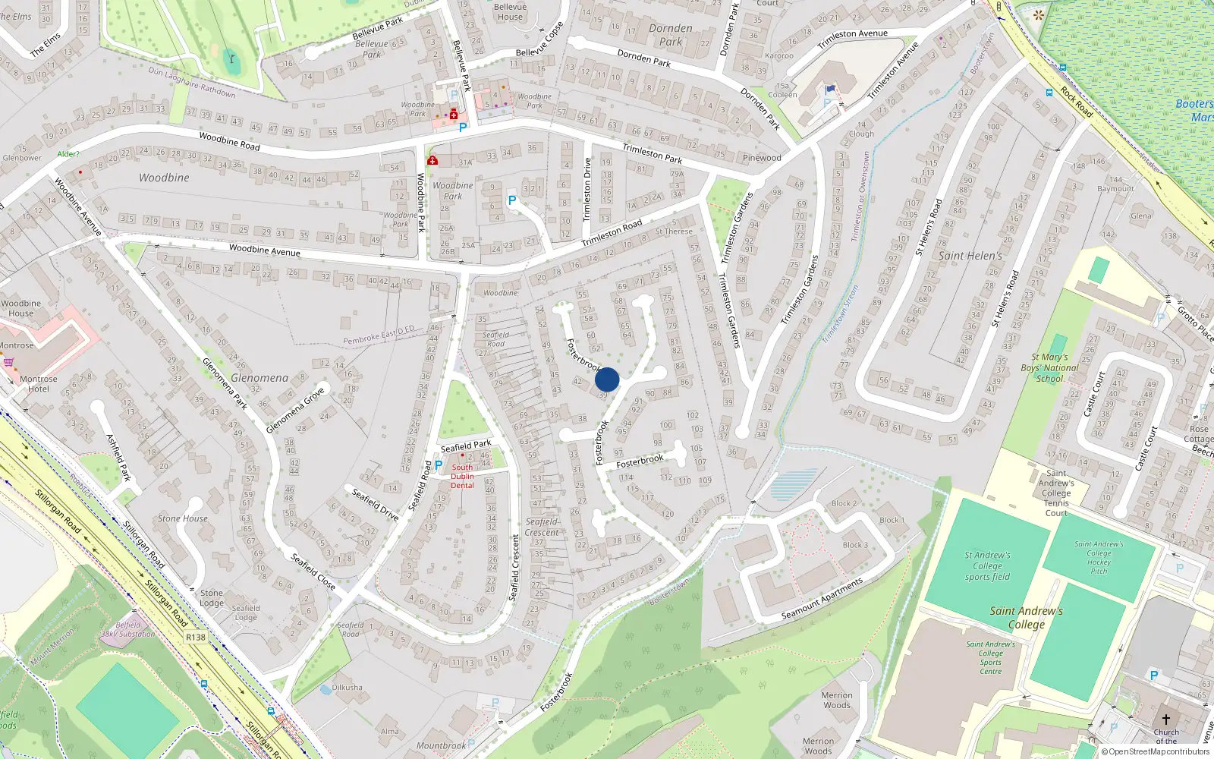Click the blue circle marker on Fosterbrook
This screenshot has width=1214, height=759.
coord(607,379)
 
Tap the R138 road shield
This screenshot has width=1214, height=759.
coord(196,637)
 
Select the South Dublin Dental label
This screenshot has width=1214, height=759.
coord(462,477)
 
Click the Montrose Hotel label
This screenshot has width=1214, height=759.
coord(39,384)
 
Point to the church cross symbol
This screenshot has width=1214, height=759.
coord(1166,720)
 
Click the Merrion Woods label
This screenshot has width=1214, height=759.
coord(837,700)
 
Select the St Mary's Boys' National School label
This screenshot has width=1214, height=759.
coord(1050,367)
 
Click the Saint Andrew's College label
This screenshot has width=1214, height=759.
coord(1026,617)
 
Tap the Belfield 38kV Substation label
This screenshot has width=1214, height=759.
coord(127,629)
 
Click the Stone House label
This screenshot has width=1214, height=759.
coord(182,518)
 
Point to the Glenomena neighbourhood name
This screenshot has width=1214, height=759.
coord(259,377)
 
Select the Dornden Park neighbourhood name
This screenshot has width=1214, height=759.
coord(671,35)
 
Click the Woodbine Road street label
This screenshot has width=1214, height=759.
coord(229,141)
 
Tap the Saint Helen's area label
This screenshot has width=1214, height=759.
coord(970,256)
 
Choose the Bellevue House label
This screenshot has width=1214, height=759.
coord(510,11)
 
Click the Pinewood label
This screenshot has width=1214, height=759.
coord(762,158)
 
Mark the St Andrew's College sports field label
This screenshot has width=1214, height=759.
coord(987,566)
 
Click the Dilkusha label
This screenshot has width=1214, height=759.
coord(347,688)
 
